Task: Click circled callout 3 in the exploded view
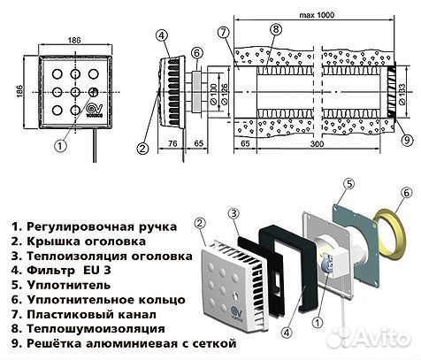[x=233, y=213]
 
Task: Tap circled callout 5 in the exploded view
[x=348, y=186]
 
